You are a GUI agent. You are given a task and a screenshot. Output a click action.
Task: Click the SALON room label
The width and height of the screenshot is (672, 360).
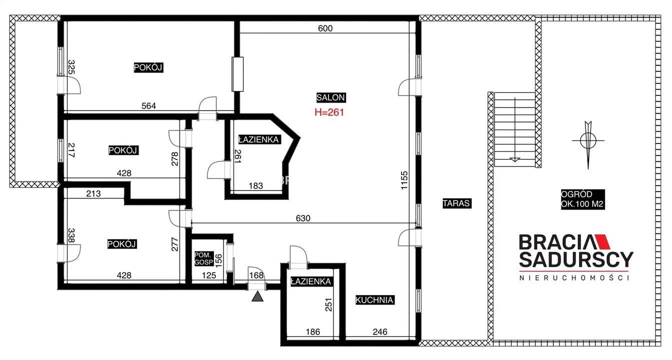click(331, 97)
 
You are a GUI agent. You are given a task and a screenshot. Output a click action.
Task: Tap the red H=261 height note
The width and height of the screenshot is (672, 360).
click(329, 112)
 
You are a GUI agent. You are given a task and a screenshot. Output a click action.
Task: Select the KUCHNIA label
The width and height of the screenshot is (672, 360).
click(374, 300)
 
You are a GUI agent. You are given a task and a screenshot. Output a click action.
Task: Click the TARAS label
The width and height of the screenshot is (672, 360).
click(456, 203)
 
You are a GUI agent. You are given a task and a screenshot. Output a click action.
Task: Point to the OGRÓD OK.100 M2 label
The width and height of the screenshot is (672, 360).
click(582, 199)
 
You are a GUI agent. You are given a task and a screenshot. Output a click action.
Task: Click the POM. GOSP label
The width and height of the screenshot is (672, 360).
click(203, 258)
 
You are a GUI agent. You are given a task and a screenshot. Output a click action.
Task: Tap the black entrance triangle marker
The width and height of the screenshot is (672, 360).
click(257, 296)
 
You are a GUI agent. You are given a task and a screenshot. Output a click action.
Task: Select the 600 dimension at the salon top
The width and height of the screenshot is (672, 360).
click(325, 28)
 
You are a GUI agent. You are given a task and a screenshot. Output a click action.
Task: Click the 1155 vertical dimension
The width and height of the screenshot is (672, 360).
click(404, 180)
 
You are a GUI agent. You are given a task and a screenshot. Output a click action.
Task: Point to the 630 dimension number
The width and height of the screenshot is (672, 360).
click(303, 218)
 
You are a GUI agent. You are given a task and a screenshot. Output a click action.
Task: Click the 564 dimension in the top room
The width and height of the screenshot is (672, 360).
click(149, 106)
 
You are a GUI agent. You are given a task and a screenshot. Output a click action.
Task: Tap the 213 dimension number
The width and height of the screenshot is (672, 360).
click(93, 194)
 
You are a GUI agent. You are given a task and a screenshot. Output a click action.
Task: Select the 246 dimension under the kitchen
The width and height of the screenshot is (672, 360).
click(380, 332)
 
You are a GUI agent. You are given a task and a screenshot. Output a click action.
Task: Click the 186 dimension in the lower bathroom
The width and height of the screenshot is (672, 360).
click(313, 332)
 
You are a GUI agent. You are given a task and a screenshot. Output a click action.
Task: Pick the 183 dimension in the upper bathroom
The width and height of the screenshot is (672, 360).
click(256, 186)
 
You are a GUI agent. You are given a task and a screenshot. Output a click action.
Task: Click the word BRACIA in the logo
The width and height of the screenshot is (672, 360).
click(555, 242)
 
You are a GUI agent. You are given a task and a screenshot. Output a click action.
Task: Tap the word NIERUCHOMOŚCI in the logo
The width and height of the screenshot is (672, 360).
click(574, 278)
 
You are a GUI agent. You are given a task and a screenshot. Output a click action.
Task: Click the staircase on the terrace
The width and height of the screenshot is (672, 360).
click(515, 129)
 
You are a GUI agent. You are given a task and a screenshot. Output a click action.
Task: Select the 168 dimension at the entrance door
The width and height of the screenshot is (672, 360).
click(256, 275)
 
